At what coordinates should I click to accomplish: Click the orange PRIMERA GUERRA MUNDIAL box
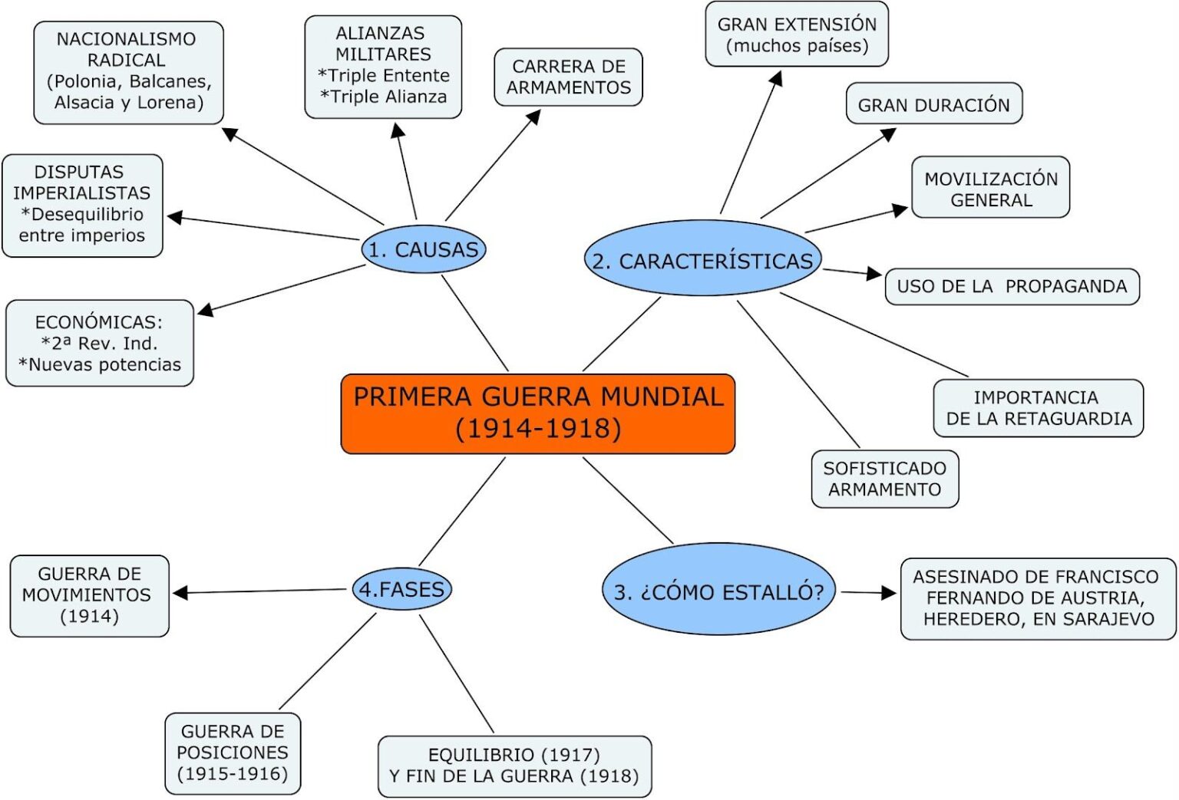[x=537, y=413]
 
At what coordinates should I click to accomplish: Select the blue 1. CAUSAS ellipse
[x=424, y=249]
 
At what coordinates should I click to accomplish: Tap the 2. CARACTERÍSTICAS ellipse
[x=702, y=260]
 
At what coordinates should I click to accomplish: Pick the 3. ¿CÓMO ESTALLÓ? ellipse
[x=718, y=591]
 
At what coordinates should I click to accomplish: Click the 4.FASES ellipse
[x=401, y=589]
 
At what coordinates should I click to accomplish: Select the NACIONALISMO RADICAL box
[x=129, y=71]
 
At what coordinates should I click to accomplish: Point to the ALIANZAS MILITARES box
[x=383, y=66]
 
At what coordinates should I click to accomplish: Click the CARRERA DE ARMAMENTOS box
[x=568, y=77]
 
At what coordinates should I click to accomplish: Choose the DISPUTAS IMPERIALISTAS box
[x=82, y=205]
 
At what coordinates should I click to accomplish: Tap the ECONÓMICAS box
[x=100, y=343]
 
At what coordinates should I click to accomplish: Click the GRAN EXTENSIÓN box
[x=797, y=35]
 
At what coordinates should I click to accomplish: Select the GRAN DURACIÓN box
[x=933, y=104]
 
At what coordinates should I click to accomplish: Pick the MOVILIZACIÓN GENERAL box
[x=990, y=188]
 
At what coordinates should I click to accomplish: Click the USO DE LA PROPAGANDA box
[x=1012, y=286]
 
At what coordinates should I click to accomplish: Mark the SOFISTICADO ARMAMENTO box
[x=884, y=479]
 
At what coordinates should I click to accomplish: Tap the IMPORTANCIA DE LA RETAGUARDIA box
[x=1038, y=407]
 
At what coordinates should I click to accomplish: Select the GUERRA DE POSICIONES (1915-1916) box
[x=233, y=752]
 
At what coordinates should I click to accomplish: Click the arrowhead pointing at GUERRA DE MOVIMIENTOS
[x=180, y=592]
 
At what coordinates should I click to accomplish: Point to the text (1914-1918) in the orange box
[x=537, y=429]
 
